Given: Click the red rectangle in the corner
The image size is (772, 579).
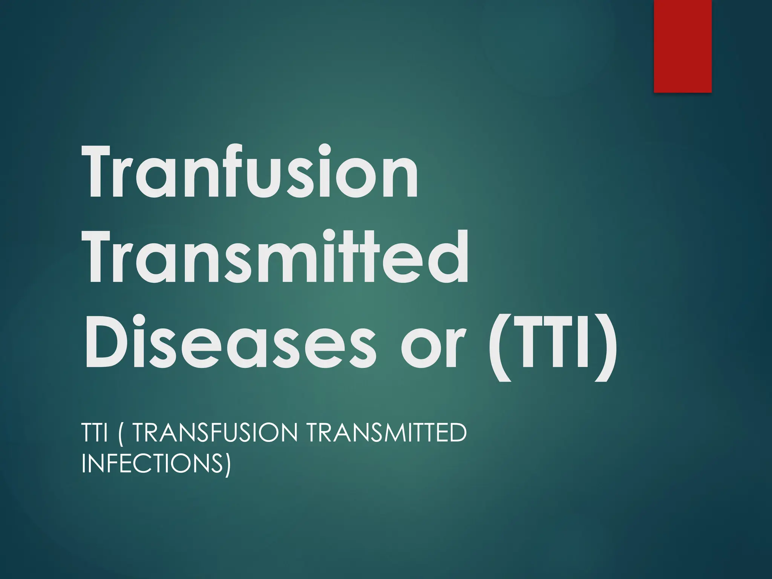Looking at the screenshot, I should coord(682,46).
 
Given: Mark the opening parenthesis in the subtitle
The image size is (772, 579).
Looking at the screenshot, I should coord(120,433).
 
